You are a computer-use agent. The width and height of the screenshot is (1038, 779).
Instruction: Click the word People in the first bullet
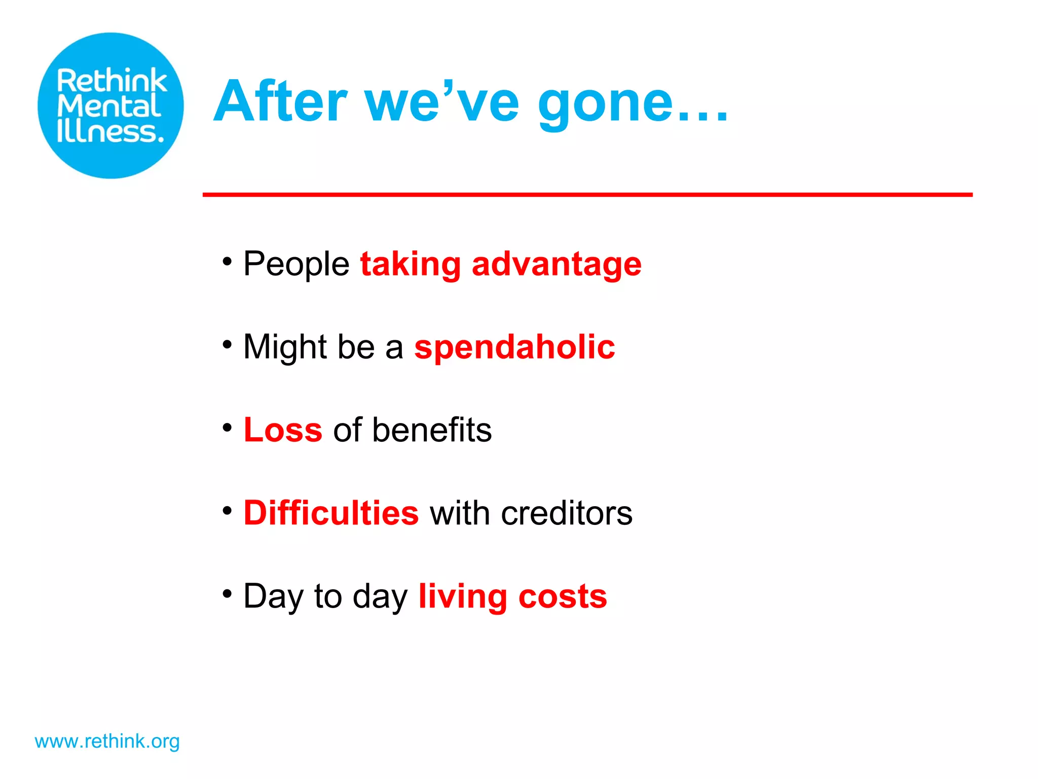(x=296, y=264)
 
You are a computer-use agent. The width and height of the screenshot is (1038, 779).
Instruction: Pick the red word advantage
(x=557, y=264)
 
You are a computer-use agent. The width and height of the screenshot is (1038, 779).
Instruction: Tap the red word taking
(x=410, y=264)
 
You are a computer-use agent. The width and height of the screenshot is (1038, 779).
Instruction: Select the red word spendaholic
(x=514, y=348)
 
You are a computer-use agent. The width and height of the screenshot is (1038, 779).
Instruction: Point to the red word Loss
(x=283, y=430)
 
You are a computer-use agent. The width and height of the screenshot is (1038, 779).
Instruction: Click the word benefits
(x=432, y=430)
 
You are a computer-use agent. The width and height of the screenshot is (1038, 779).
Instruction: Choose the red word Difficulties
(x=331, y=513)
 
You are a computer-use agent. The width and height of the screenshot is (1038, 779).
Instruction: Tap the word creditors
(x=567, y=513)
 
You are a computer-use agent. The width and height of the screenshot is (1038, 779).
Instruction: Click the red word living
(x=462, y=596)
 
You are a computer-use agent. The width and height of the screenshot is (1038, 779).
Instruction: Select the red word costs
(x=563, y=596)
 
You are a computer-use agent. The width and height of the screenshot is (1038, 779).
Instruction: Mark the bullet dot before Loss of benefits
(x=227, y=428)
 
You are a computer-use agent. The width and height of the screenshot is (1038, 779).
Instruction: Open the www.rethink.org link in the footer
(x=107, y=741)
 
